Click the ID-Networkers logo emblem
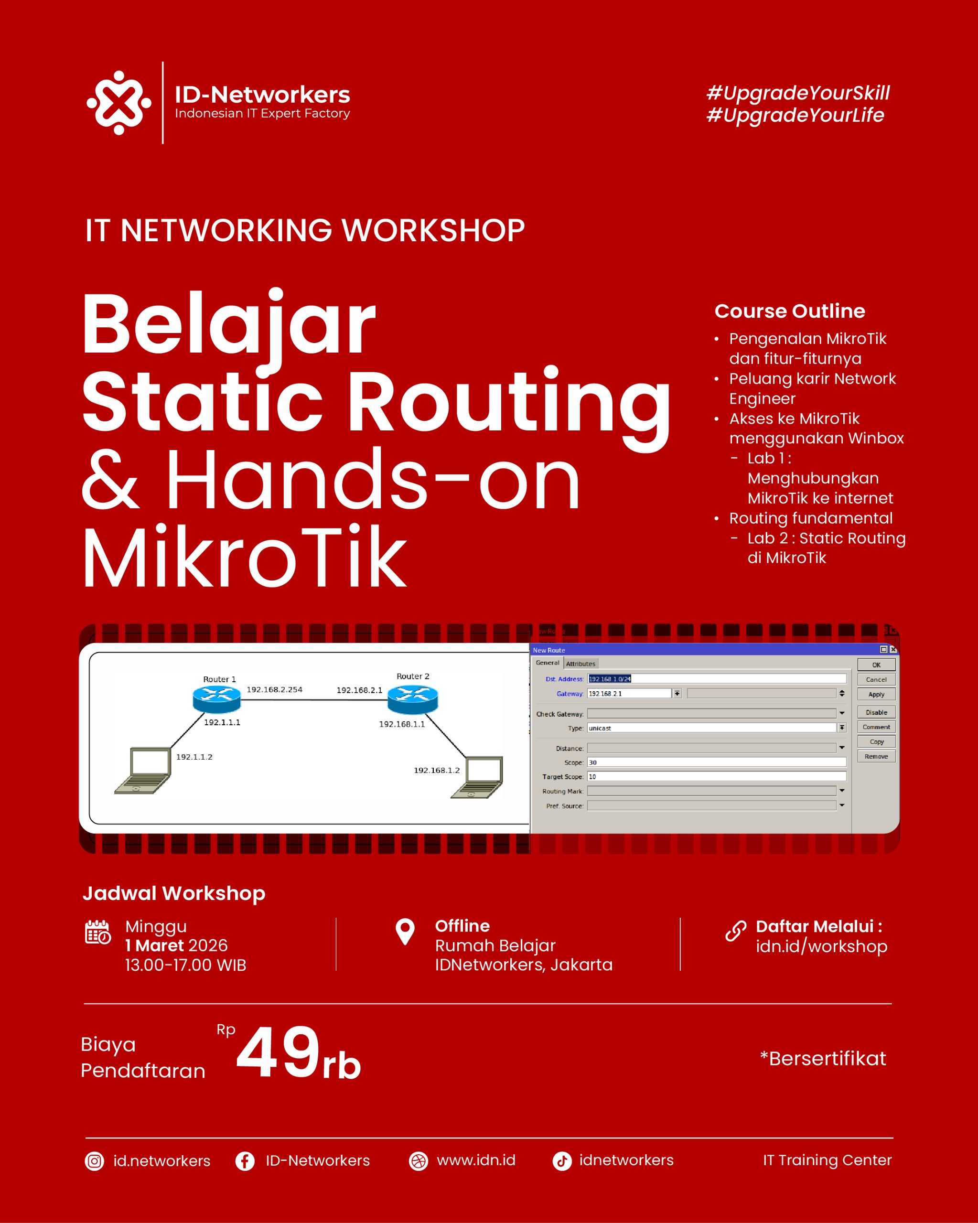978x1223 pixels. click(118, 103)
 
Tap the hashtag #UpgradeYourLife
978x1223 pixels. click(795, 115)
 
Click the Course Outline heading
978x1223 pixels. click(790, 311)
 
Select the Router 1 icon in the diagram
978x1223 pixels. click(217, 699)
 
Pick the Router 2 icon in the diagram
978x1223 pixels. click(412, 699)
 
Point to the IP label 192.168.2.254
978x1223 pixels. click(275, 690)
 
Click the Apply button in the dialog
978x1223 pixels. click(876, 694)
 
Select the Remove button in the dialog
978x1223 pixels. click(876, 757)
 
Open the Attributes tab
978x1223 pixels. click(580, 664)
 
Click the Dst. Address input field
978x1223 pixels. click(717, 679)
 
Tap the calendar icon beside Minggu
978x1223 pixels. click(97, 932)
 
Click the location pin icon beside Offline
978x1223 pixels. click(405, 932)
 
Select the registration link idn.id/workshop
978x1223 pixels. click(821, 946)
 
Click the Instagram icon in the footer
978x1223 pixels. click(94, 1161)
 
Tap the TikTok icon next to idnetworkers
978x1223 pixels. click(562, 1161)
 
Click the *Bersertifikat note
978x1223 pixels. click(823, 1059)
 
